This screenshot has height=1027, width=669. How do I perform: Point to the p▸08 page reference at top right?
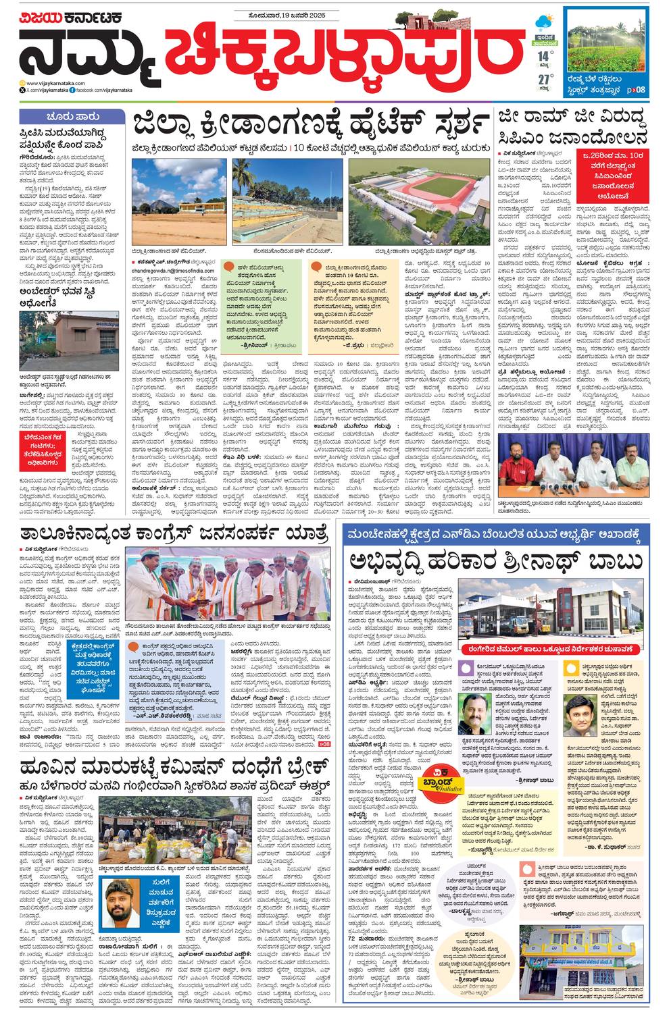[x=635, y=89]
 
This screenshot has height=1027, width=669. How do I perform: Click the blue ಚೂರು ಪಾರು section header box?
[x=72, y=116]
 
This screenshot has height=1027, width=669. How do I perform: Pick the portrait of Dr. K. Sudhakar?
[x=578, y=716]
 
